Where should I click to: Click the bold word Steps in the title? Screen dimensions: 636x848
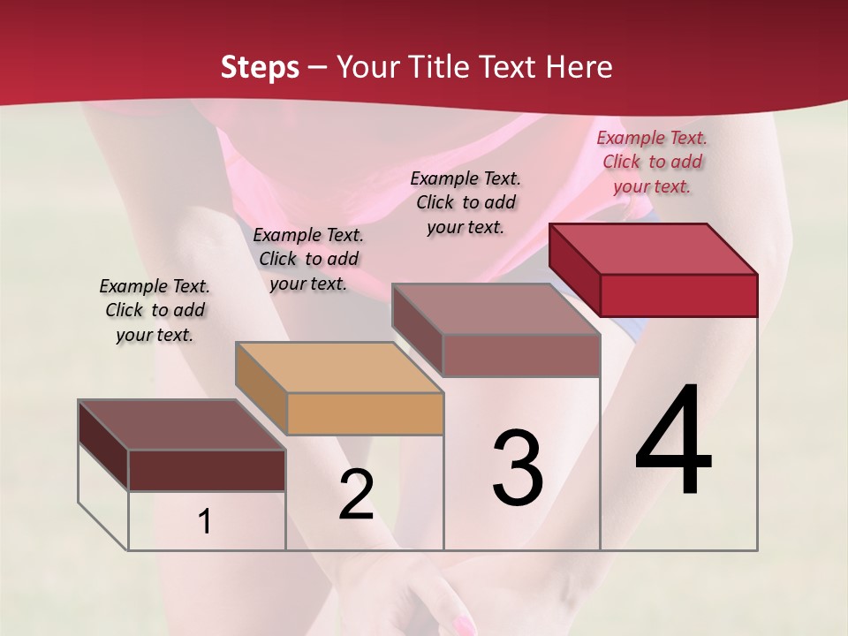(x=259, y=67)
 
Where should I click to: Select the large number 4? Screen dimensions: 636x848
(x=673, y=442)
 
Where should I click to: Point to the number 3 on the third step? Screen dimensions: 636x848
(x=517, y=468)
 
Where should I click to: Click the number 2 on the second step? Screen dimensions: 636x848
(x=356, y=495)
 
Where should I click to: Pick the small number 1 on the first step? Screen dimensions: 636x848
(x=205, y=522)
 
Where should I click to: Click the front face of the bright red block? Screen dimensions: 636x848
(x=678, y=295)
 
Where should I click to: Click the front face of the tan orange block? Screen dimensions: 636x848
(x=365, y=413)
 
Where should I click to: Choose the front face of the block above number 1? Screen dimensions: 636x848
(x=207, y=470)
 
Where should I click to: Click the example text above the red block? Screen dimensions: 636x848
(x=652, y=162)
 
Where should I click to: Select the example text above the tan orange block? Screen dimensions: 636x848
(x=308, y=259)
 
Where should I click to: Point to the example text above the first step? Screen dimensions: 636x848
(x=155, y=310)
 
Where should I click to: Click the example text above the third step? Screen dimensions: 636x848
(x=466, y=202)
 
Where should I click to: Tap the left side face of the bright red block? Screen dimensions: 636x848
(x=574, y=261)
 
